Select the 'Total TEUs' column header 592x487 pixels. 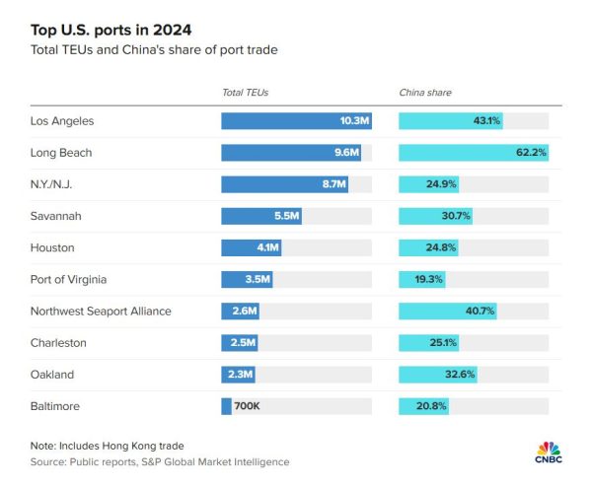[x=245, y=93]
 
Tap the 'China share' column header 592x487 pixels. [x=425, y=93]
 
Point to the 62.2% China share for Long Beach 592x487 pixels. [x=531, y=153]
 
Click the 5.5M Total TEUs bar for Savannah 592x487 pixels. [x=261, y=216]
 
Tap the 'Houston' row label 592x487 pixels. [x=53, y=247]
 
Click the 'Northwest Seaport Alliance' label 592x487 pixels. [x=102, y=311]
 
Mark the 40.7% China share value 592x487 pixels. [x=480, y=311]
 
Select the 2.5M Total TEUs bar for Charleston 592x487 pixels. [x=241, y=342]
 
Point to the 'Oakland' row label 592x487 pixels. [x=53, y=374]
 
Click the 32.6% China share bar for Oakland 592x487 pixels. [x=437, y=374]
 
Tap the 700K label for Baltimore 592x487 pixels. [x=247, y=405]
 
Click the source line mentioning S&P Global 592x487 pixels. [x=160, y=461]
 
